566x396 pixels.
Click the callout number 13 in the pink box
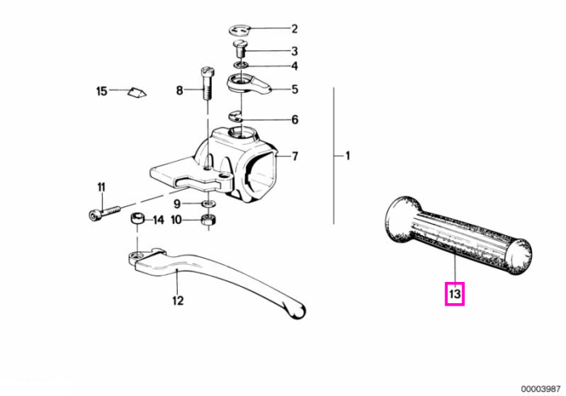click(454, 294)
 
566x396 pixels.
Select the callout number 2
click(294, 29)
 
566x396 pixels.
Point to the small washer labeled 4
click(240, 65)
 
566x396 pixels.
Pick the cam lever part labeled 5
click(248, 85)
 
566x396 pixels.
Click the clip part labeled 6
click(236, 116)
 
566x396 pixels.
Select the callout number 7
click(295, 156)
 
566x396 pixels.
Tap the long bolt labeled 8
click(206, 84)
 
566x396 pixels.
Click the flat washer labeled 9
click(209, 204)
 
